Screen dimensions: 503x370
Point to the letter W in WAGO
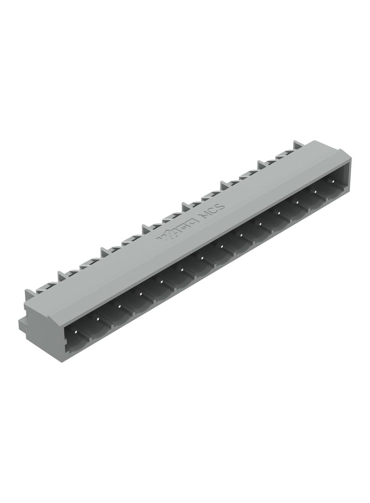166,236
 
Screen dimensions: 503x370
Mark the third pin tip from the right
297,203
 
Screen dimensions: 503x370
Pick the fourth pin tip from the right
278,213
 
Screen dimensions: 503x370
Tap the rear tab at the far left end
30,294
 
